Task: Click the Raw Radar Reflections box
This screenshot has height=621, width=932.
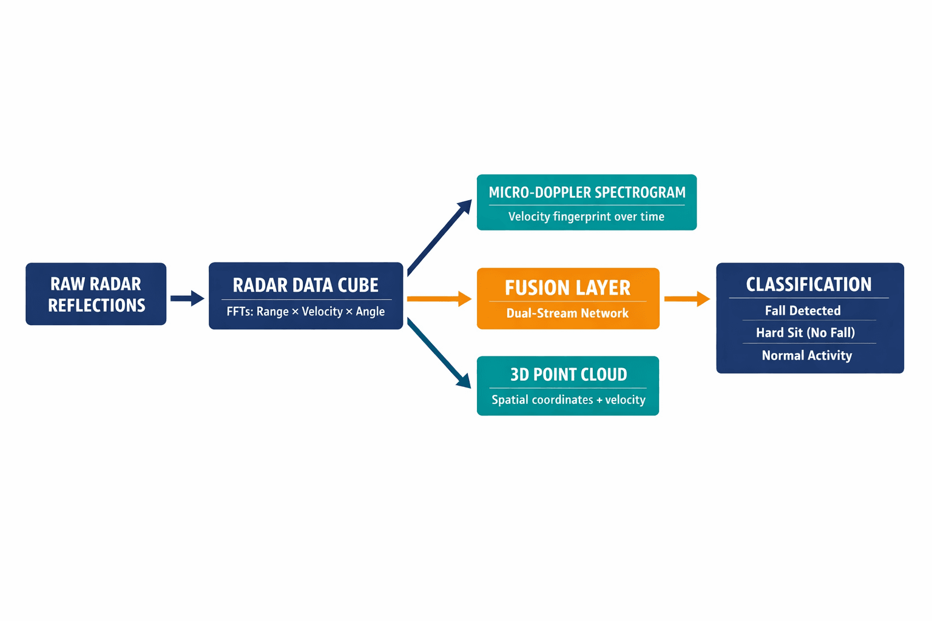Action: [96, 294]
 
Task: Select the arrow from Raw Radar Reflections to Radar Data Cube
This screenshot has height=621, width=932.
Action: [187, 298]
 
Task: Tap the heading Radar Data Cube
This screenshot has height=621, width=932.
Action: [305, 285]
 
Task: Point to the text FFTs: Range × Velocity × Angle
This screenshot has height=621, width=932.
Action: [305, 312]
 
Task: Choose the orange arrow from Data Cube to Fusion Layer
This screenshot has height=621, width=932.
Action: [439, 298]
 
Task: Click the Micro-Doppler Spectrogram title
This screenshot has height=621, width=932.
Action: [587, 192]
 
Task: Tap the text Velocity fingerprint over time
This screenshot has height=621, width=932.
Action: [586, 217]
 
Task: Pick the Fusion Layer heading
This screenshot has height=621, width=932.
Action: [567, 287]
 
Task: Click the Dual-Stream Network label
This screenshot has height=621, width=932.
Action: [567, 314]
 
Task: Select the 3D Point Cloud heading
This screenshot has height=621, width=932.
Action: [568, 375]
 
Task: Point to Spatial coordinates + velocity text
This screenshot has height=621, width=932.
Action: [568, 400]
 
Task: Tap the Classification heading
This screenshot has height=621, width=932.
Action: [808, 284]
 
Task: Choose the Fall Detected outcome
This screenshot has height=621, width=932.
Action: [803, 310]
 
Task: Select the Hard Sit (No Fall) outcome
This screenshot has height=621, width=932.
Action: [805, 332]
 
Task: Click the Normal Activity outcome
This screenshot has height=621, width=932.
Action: [806, 355]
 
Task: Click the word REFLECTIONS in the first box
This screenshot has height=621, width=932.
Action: [96, 305]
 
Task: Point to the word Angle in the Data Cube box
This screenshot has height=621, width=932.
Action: [370, 312]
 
